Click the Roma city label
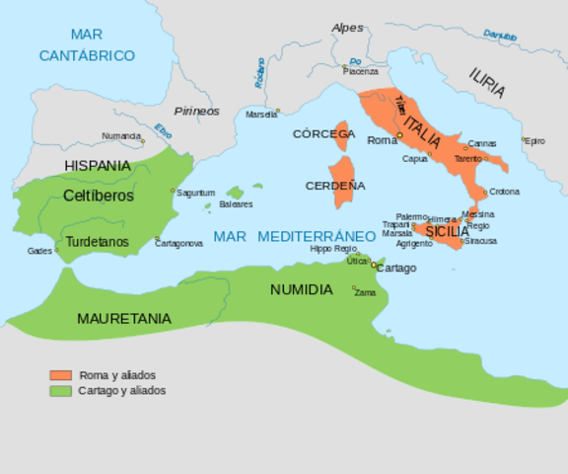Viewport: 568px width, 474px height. [x=381, y=140]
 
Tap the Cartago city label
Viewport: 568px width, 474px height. [x=396, y=268]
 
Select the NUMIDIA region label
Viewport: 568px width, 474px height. [x=301, y=289]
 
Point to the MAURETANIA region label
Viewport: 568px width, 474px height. [x=123, y=318]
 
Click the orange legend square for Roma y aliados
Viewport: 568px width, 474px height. [x=61, y=375]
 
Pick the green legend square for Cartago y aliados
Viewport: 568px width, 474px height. [x=61, y=390]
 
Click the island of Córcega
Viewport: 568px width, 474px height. [x=343, y=135]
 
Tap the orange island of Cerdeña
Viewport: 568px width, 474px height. [x=344, y=184]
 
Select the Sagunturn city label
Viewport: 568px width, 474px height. [x=195, y=193]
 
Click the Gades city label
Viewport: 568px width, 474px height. [x=39, y=251]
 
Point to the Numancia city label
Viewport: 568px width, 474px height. [x=121, y=136]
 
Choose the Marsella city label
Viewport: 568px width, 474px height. [x=260, y=114]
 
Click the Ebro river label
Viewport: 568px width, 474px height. [x=164, y=129]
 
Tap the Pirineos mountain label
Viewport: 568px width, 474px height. [x=196, y=111]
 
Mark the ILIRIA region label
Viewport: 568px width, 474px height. [x=487, y=83]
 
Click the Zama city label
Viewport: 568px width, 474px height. [x=365, y=292]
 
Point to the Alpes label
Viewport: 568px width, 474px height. [x=347, y=28]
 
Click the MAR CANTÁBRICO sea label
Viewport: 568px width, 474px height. [x=87, y=45]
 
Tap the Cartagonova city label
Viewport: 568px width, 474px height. [x=178, y=243]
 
